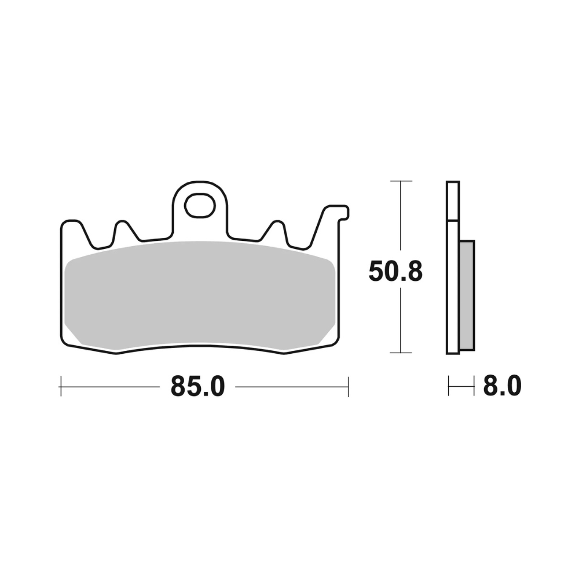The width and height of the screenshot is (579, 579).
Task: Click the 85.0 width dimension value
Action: [x=197, y=387]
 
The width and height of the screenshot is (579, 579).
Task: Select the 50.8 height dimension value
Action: [x=395, y=272]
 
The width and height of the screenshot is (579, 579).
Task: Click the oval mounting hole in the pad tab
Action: [x=200, y=205]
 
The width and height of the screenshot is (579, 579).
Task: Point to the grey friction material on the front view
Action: [x=200, y=295]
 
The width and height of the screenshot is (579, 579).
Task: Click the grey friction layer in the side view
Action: [x=467, y=295]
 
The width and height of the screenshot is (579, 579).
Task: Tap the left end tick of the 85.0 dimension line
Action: [x=61, y=387]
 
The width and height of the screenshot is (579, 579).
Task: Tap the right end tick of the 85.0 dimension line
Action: [x=348, y=387]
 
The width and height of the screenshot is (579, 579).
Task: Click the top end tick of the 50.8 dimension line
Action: [x=401, y=181]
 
